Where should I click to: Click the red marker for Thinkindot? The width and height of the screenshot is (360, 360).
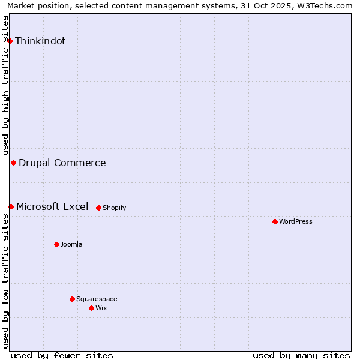(x=10, y=41)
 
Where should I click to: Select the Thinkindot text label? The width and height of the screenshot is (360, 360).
(x=40, y=41)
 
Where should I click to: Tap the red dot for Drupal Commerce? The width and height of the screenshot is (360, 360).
(x=13, y=163)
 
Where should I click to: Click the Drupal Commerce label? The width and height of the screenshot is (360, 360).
(x=62, y=163)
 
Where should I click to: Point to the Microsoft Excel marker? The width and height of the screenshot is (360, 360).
(x=11, y=206)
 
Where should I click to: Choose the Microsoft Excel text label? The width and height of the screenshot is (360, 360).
(x=52, y=206)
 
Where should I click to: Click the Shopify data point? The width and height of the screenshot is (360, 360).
(x=98, y=208)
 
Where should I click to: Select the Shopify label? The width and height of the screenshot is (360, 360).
(x=114, y=208)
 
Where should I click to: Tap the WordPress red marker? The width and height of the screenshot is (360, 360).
(x=275, y=221)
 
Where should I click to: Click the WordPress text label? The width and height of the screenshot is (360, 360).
(x=295, y=222)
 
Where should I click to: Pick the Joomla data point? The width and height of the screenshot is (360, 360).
(x=56, y=244)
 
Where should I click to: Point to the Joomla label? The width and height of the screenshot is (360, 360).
(x=71, y=245)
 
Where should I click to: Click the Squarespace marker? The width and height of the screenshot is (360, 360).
(x=72, y=299)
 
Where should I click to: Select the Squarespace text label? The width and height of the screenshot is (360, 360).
(x=97, y=299)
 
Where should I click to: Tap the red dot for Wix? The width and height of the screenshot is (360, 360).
(x=91, y=308)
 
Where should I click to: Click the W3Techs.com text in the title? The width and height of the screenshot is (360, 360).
(x=328, y=5)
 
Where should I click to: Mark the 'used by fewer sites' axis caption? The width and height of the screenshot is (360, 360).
(x=62, y=355)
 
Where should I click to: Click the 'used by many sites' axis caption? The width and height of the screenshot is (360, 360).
(x=301, y=355)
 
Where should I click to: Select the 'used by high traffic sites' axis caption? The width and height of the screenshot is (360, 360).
(x=6, y=85)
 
